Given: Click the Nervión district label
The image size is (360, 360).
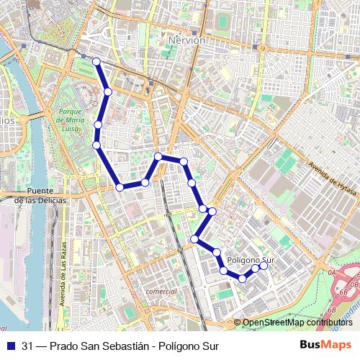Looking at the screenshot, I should [186, 41].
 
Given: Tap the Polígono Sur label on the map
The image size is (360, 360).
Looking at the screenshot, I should [251, 259].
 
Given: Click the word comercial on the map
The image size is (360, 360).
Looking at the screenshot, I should [161, 291].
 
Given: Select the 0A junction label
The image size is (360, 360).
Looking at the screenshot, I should [332, 274].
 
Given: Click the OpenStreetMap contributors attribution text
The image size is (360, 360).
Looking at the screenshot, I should [297, 323].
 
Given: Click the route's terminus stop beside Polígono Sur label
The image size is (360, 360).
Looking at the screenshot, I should [264, 266].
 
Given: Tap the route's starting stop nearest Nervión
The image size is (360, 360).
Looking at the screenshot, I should [96, 61].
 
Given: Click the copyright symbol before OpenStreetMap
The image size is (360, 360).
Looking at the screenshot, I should [237, 323].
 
